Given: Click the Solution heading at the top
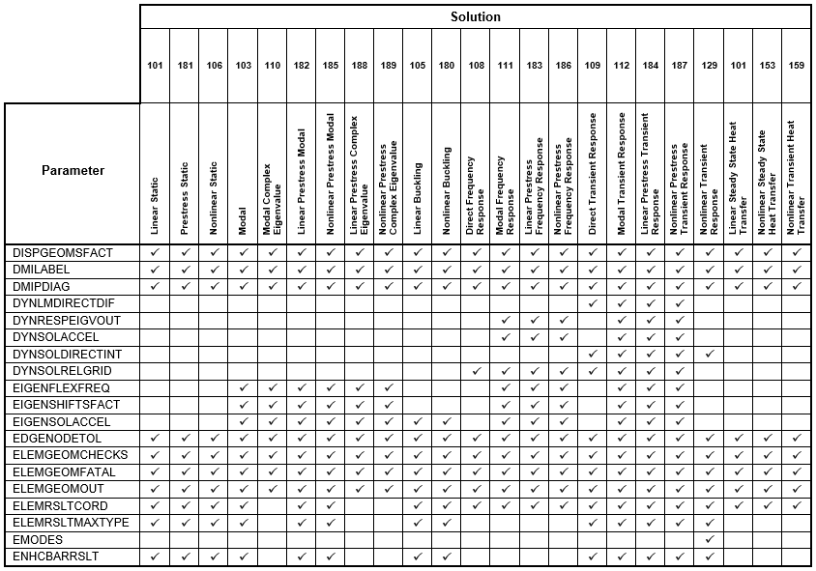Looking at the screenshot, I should coord(475,16).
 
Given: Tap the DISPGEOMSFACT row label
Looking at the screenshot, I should coord(63,253).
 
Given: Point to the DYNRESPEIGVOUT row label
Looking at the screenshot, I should coord(67,320).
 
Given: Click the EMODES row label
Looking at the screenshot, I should coord(38,539).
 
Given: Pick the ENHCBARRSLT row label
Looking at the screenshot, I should coord(57,557).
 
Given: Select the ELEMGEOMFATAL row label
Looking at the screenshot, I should coord(64,471).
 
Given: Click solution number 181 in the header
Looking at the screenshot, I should coord(185,66).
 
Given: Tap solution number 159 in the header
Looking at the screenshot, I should coord(796,66).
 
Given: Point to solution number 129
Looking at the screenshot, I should coord(709,66).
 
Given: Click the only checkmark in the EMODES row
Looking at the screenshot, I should coord(709,539).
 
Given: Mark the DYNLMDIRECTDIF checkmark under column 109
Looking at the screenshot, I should coord(593,303).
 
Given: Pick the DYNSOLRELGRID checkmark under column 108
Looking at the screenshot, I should coord(476,371).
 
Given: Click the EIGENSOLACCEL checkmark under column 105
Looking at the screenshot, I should coord(418,421).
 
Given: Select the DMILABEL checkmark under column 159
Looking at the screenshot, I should coord(796,270).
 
